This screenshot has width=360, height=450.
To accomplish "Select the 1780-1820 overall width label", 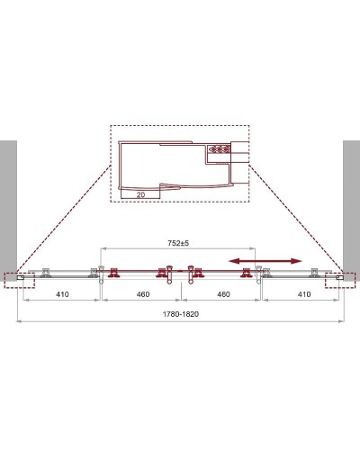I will [x=180, y=314].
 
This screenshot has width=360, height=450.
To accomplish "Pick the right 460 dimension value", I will [x=222, y=294].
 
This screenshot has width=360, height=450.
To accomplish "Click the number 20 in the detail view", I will [x=142, y=192].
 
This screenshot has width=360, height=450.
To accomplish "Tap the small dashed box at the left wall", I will [x=19, y=280].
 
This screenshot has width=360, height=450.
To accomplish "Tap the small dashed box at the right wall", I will [x=342, y=280].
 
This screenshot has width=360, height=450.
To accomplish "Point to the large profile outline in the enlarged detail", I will [x=162, y=166].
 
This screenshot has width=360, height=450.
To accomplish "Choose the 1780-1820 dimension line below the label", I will [x=180, y=323].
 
